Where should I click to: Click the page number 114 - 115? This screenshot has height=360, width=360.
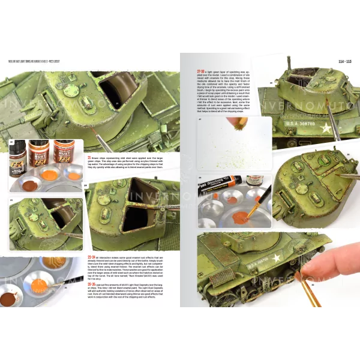338,62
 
